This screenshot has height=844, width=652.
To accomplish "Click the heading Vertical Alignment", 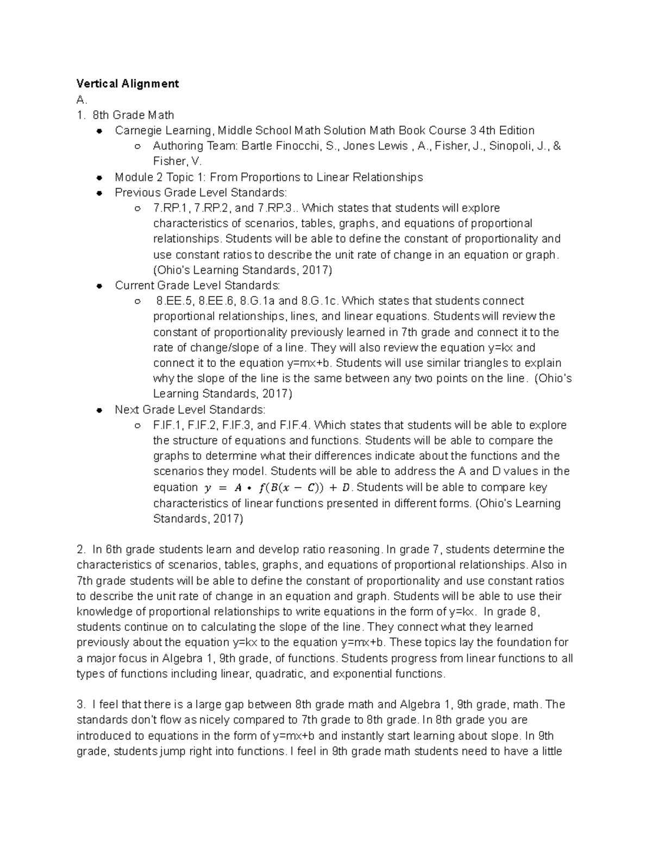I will click(x=128, y=84).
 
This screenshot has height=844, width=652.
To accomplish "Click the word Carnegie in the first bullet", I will click(x=136, y=130).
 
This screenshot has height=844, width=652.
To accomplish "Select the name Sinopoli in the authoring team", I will click(x=510, y=146).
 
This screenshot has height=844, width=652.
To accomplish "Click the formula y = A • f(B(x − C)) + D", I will click(x=277, y=487).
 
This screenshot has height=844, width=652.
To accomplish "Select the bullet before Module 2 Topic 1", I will click(x=99, y=178).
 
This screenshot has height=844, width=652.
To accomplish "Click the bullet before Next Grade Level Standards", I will click(x=99, y=410).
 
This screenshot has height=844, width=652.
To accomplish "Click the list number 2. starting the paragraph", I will click(x=81, y=549).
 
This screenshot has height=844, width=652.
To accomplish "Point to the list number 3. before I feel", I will click(x=81, y=705).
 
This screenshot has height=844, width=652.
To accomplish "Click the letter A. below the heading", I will click(x=81, y=99).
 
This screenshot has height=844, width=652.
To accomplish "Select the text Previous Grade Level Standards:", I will click(x=200, y=193).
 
